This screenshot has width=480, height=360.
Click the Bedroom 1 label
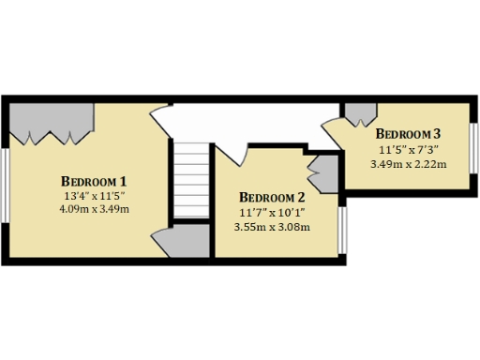[x=94, y=180]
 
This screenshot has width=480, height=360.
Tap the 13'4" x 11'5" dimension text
[x=94, y=195]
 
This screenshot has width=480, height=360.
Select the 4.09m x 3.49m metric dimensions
[x=94, y=208]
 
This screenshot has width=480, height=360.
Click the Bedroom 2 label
[x=272, y=197]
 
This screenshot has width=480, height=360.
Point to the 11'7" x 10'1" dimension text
[x=272, y=212]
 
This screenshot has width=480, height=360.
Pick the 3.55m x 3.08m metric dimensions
[x=272, y=226]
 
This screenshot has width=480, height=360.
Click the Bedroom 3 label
[x=408, y=133]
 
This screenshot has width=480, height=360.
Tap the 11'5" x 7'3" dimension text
[x=408, y=149]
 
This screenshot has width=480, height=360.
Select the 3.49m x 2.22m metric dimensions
[x=408, y=163]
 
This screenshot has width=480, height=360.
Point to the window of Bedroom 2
[x=342, y=229]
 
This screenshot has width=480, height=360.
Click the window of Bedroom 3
[x=474, y=147]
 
